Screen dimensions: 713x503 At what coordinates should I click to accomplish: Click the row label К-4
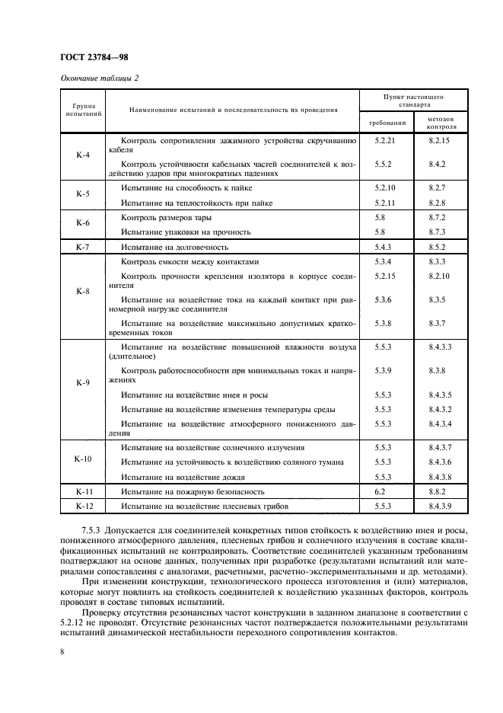coord(83,155)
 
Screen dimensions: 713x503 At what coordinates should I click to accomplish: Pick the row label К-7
coord(83,248)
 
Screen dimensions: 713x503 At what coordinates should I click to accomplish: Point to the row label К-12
coord(83,505)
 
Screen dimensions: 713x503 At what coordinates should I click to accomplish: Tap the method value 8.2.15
coord(440,141)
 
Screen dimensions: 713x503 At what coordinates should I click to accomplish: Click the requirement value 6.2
coord(380,492)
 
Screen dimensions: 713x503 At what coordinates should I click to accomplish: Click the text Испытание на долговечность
coord(174,248)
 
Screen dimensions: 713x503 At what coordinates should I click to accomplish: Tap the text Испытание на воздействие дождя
coord(183,476)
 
